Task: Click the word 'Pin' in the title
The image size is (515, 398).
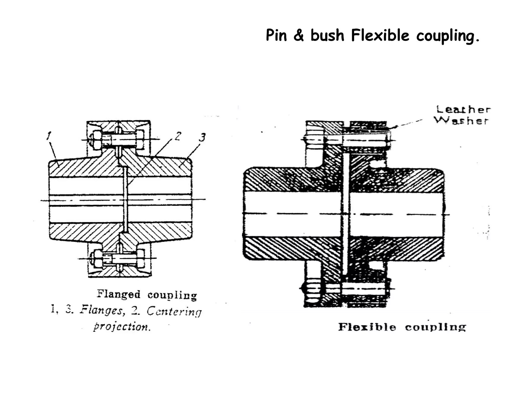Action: click(276, 35)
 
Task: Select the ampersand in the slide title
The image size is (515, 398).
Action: click(298, 35)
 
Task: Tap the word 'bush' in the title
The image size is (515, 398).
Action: click(327, 35)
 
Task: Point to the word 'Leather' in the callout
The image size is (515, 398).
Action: click(463, 110)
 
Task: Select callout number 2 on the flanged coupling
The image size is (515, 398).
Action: click(178, 136)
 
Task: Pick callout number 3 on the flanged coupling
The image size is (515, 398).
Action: click(202, 137)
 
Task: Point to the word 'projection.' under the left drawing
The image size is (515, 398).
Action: click(122, 327)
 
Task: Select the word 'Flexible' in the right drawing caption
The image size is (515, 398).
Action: click(367, 327)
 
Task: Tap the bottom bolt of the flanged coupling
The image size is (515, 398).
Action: click(118, 259)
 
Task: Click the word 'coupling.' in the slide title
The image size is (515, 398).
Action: click(448, 35)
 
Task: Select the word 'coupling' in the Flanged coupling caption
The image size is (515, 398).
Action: click(172, 295)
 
